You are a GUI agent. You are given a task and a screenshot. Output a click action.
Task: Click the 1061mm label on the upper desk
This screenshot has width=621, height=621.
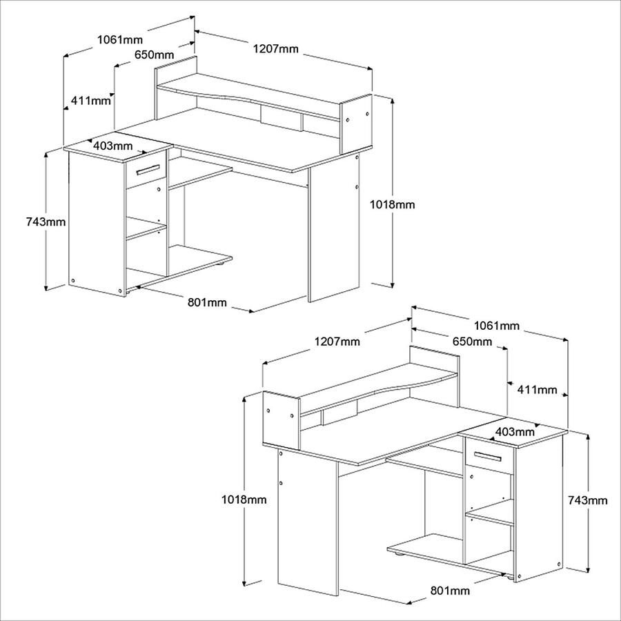[x=119, y=39]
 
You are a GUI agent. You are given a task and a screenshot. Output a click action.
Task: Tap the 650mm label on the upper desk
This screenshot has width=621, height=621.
[x=154, y=55]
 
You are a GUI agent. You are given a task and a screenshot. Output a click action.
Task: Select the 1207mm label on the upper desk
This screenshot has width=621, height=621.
[x=275, y=49]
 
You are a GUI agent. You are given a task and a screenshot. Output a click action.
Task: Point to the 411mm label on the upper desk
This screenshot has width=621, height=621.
[x=90, y=101]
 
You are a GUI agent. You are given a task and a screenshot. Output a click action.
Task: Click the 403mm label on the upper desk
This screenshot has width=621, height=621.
[x=113, y=146]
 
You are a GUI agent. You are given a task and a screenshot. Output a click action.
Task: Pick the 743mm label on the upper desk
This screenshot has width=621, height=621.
[x=46, y=221]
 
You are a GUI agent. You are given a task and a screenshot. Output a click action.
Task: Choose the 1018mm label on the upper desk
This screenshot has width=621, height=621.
[x=392, y=204]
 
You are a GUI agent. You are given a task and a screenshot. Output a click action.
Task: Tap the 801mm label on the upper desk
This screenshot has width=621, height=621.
[x=207, y=303]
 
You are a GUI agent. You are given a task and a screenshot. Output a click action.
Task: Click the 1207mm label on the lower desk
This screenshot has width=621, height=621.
[x=337, y=342]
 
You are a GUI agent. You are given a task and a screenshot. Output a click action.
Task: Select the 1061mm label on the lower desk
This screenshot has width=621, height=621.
[x=497, y=326]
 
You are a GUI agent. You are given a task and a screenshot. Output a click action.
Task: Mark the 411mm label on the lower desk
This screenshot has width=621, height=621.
[x=537, y=390]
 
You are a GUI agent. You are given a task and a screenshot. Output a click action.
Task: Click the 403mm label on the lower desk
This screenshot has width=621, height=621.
[x=515, y=431]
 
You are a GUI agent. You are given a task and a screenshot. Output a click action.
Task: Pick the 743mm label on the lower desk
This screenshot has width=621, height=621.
[x=588, y=501]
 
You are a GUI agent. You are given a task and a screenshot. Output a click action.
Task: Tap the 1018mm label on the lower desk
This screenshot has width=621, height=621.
[x=244, y=500]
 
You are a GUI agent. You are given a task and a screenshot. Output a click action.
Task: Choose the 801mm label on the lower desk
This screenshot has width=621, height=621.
[x=450, y=591]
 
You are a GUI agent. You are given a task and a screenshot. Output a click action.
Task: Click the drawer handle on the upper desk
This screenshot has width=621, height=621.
[x=148, y=169]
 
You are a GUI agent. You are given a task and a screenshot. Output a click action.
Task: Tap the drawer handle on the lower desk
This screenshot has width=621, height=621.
[x=488, y=456]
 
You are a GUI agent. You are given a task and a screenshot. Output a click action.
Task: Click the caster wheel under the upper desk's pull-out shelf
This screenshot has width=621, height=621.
[x=219, y=264]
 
